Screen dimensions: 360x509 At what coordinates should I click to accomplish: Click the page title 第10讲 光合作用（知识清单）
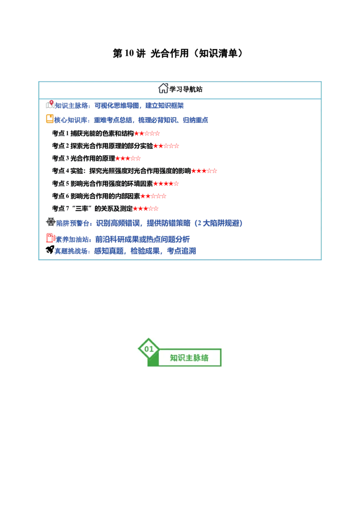(x=178, y=53)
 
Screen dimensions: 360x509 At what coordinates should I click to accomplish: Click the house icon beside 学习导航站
(x=163, y=88)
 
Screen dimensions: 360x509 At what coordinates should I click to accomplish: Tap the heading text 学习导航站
(x=186, y=89)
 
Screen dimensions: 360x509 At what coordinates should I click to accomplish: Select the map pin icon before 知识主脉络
(x=50, y=104)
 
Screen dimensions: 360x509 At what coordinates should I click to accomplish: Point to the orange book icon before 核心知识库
(x=49, y=119)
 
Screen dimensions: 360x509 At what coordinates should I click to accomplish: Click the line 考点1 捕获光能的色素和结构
(x=93, y=134)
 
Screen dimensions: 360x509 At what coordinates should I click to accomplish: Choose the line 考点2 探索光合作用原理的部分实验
(x=102, y=146)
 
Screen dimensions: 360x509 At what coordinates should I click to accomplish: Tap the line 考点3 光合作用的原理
(x=84, y=158)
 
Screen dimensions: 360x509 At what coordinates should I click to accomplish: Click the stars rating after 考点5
(x=166, y=184)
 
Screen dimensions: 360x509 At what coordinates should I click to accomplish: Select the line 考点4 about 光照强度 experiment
(x=121, y=171)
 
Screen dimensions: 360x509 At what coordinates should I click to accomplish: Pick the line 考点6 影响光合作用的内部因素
(x=96, y=196)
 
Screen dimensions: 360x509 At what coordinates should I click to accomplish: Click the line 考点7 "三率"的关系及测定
(x=92, y=209)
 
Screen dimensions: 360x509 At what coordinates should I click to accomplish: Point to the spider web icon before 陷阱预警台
(x=51, y=222)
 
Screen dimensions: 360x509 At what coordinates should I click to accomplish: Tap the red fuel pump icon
(x=50, y=238)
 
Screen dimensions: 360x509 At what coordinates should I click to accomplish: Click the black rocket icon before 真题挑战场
(x=50, y=250)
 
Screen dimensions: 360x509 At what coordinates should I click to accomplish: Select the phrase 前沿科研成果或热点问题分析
(x=142, y=240)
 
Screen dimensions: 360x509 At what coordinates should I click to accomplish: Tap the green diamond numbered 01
(x=149, y=349)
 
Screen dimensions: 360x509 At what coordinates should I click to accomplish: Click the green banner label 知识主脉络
(x=189, y=358)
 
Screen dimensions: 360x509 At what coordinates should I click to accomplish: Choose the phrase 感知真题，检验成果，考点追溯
(x=145, y=251)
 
